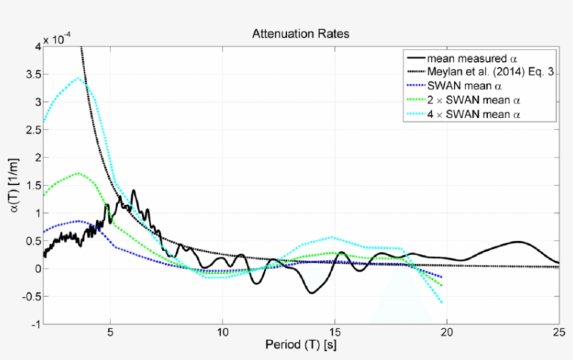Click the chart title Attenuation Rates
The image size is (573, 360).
300,34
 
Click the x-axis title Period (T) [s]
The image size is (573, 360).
300,345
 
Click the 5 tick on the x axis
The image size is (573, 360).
110,332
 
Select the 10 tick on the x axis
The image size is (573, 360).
222,332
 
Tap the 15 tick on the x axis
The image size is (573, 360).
335,332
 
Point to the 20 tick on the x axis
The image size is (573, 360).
447,332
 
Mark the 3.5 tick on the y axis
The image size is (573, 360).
31,74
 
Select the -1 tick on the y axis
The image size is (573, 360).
34,324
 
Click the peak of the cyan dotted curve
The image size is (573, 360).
78,78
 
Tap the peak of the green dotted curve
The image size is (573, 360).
78,173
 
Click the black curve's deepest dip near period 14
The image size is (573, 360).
311,293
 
